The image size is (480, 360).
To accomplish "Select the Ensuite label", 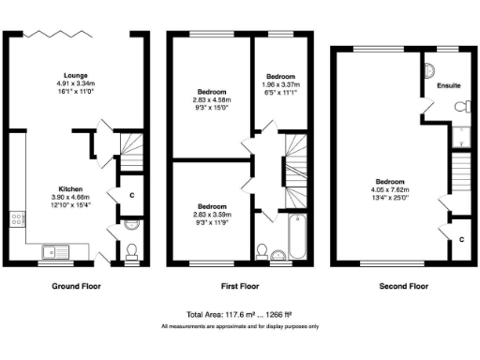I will (x=449, y=85).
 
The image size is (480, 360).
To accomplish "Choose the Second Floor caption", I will (x=403, y=285).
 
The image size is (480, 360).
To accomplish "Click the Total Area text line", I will (x=240, y=315).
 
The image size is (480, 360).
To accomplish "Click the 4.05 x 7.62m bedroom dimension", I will (x=390, y=189).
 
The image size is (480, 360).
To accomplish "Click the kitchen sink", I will (x=54, y=250).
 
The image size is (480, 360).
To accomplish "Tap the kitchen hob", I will (x=17, y=222).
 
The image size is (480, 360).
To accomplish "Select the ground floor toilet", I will (x=130, y=250).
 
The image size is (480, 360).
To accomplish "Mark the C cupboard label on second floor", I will (x=461, y=239).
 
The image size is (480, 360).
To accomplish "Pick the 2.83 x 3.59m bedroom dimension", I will (x=212, y=214).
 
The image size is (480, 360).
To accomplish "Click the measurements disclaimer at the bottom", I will (x=240, y=326).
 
